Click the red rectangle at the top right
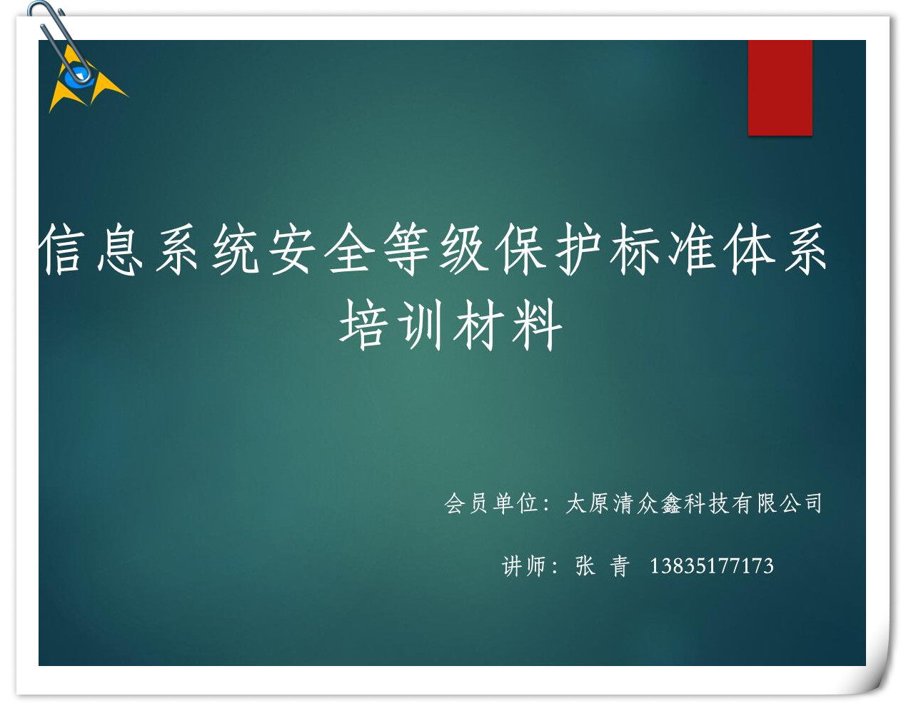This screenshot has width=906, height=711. [x=780, y=88]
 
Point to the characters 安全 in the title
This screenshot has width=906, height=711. [x=321, y=249]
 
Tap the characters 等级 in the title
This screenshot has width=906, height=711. [x=436, y=249]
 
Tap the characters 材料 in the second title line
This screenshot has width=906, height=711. [x=508, y=325]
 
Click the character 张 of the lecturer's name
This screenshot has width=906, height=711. [x=585, y=566]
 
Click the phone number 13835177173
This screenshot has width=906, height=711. [x=712, y=566]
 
